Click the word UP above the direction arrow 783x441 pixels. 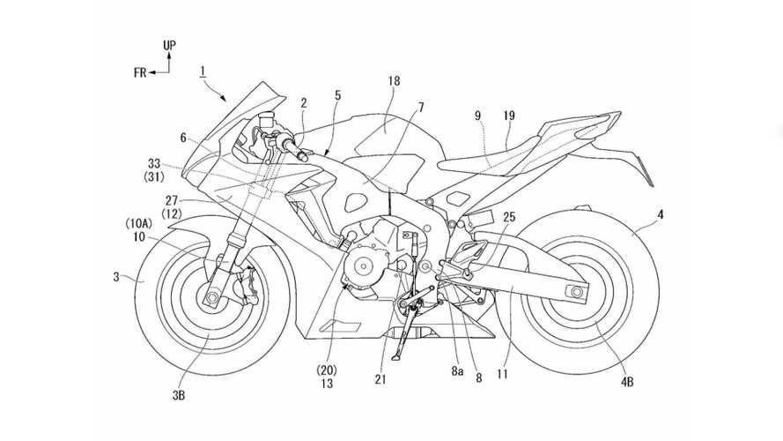[168, 43]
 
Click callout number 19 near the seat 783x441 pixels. [511, 116]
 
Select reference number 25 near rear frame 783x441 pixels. [509, 217]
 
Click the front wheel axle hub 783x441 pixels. [212, 297]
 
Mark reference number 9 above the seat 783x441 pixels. [477, 115]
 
